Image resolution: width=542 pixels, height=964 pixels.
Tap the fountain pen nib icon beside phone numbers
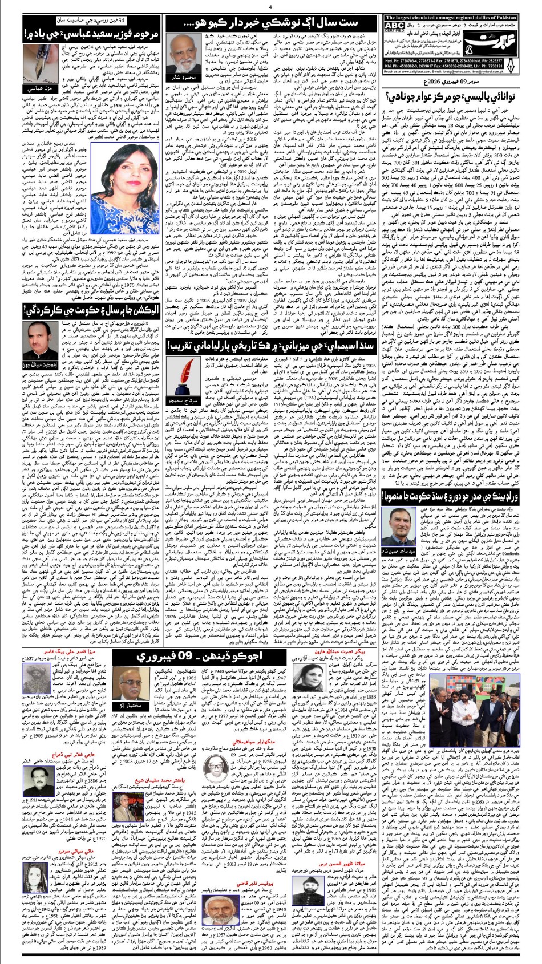(511, 70)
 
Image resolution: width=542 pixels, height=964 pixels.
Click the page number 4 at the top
(269, 7)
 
